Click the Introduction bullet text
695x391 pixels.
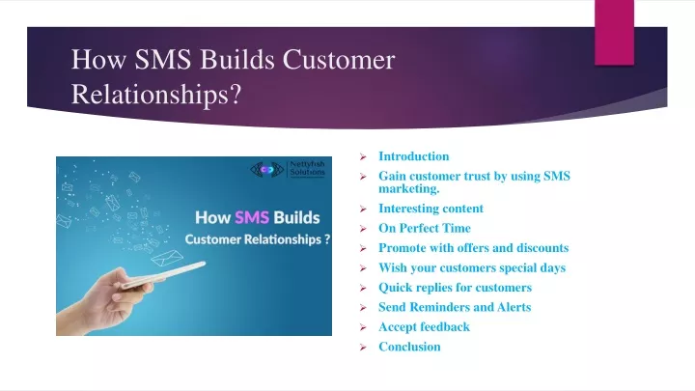(x=413, y=156)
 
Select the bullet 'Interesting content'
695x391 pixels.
(x=431, y=209)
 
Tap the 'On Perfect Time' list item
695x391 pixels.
(x=425, y=228)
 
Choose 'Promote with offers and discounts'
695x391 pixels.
(x=473, y=248)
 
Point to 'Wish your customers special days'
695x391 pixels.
(x=472, y=267)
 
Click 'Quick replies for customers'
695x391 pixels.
(x=456, y=288)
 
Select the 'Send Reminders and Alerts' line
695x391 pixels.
(x=455, y=307)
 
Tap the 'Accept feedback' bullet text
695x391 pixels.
(x=424, y=326)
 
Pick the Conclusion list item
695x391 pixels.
(x=409, y=347)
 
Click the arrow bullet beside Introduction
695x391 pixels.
(x=363, y=157)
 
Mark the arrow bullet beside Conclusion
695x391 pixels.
(x=363, y=348)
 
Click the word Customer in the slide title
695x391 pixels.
(x=339, y=60)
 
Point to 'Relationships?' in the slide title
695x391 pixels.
(x=156, y=95)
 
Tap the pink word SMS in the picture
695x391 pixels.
(x=252, y=217)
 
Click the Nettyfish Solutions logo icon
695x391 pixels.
(x=266, y=169)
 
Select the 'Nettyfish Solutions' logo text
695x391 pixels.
(x=308, y=168)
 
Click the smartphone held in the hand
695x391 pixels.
(x=163, y=275)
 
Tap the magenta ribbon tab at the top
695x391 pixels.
(x=614, y=33)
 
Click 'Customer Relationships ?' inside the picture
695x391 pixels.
(x=258, y=239)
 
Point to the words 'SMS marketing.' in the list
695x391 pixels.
(x=474, y=182)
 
